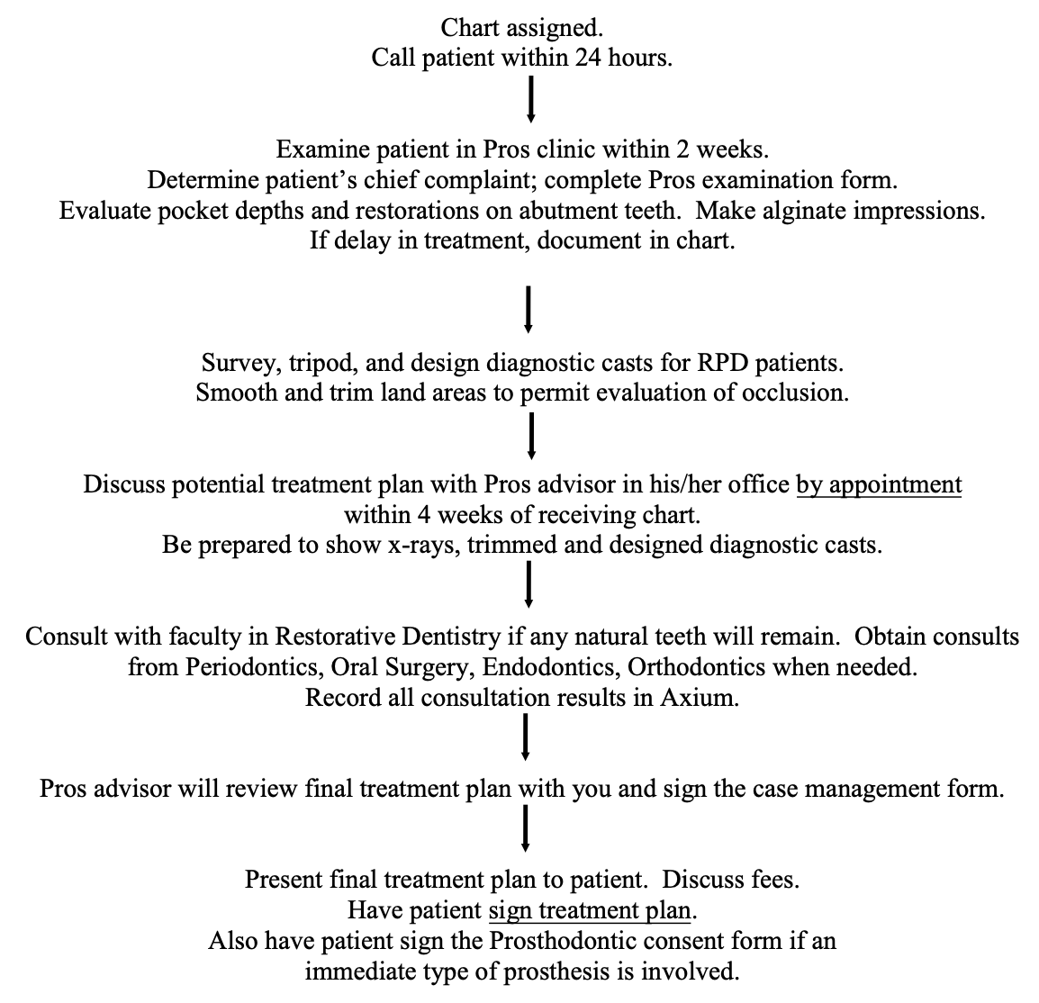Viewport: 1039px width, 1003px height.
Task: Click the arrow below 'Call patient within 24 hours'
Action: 531,99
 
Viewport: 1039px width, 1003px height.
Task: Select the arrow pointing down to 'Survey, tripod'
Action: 529,309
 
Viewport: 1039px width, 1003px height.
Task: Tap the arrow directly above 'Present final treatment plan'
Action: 526,828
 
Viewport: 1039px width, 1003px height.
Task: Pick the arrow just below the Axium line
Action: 526,736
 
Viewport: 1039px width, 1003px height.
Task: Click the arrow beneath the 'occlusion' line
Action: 531,435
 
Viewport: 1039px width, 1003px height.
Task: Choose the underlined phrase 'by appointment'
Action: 879,485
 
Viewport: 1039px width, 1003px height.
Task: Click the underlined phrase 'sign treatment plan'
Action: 590,910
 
